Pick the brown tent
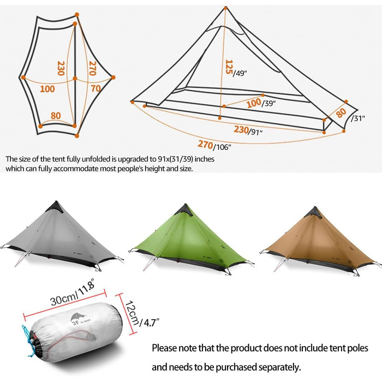pos(319,243)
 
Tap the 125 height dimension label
pos(229,67)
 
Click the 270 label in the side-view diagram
pos(205,144)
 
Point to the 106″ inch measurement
pos(222,147)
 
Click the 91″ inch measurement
pos(255,132)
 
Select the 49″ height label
pos(240,73)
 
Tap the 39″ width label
pos(268,103)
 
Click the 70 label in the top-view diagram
pos(95,88)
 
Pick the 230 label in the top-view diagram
pos(61,68)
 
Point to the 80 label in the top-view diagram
pos(56,115)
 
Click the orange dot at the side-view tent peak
pos(225,8)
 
